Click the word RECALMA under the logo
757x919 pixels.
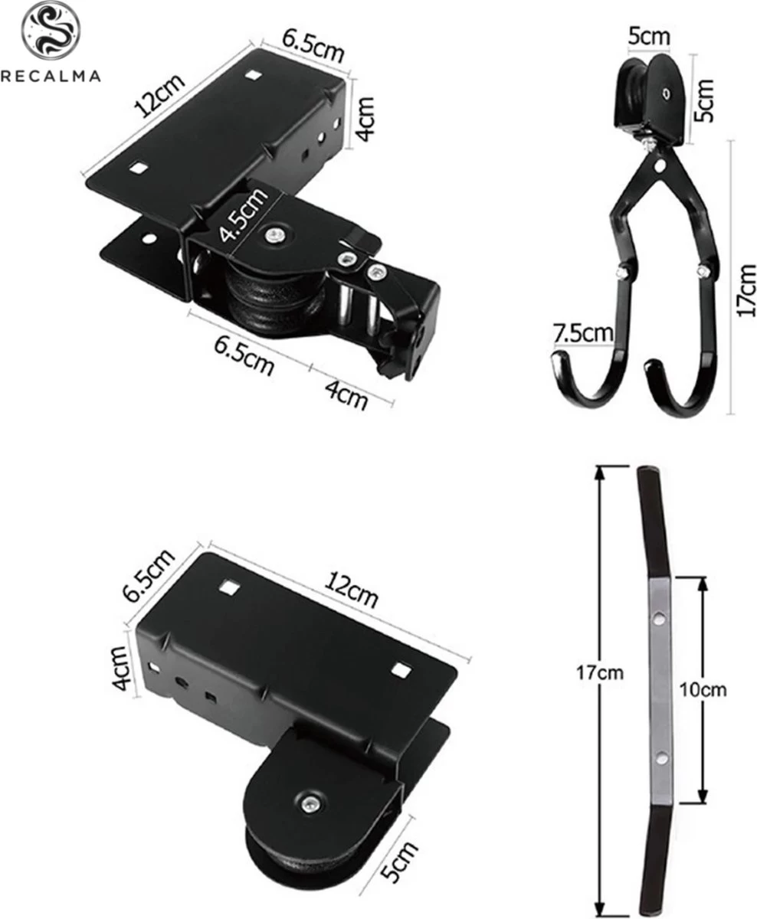tap(50, 75)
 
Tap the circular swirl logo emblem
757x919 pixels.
tap(50, 31)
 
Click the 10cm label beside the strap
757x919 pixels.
tap(703, 689)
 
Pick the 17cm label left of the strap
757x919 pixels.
tap(601, 673)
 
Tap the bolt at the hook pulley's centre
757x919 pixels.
tap(665, 93)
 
